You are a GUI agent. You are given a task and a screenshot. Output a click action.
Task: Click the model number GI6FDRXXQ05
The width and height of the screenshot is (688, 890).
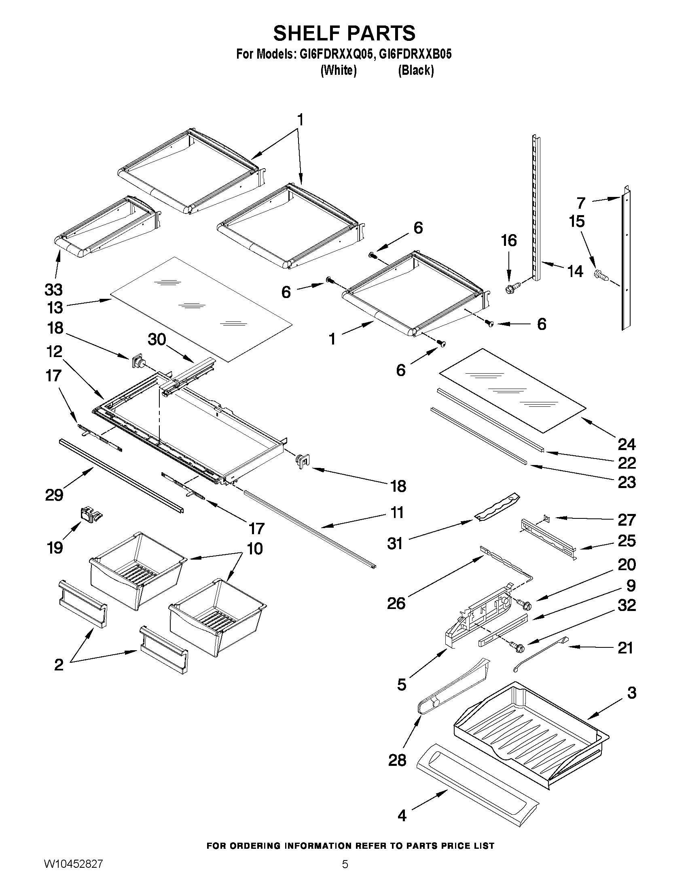point(305,54)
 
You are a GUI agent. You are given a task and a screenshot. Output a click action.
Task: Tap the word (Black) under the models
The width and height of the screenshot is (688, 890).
point(416,70)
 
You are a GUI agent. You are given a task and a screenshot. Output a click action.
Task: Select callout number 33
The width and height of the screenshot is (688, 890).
point(53,290)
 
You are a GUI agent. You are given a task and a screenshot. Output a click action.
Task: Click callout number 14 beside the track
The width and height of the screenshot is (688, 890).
point(575,271)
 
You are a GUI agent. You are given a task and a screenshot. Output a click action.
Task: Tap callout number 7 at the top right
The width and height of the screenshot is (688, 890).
point(581,203)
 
